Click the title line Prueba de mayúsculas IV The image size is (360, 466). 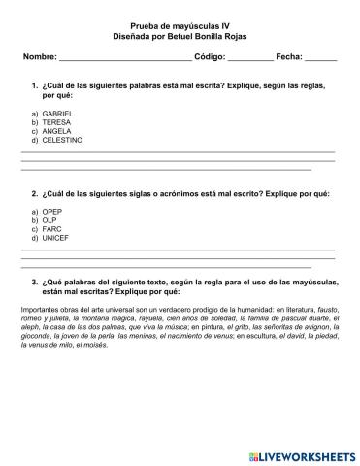tap(180, 27)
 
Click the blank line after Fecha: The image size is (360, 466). tap(320, 59)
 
